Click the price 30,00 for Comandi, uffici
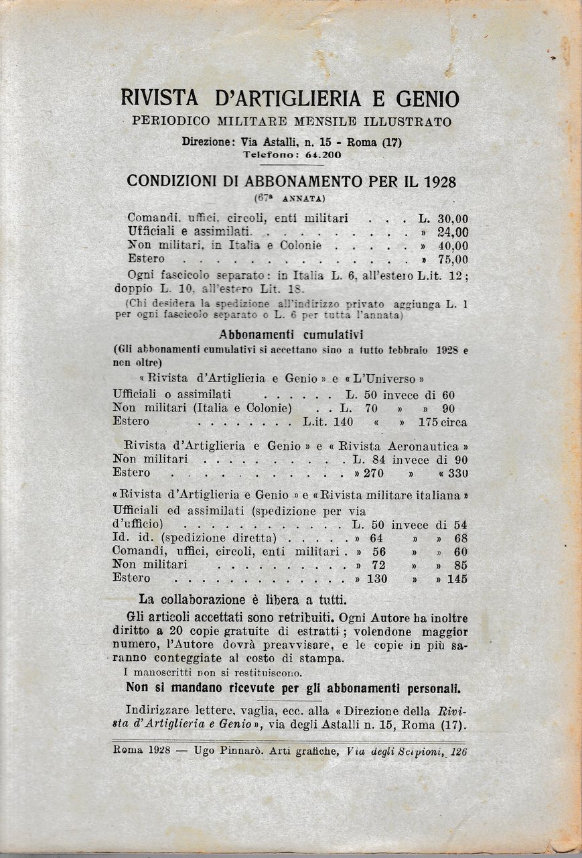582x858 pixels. click(x=453, y=219)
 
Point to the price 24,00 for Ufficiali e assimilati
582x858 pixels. click(x=453, y=232)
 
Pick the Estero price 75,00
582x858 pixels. click(x=453, y=259)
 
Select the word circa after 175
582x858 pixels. click(x=453, y=422)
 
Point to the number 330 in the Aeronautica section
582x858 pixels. click(x=456, y=473)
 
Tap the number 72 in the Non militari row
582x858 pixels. click(x=378, y=565)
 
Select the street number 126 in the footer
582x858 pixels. click(x=458, y=751)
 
